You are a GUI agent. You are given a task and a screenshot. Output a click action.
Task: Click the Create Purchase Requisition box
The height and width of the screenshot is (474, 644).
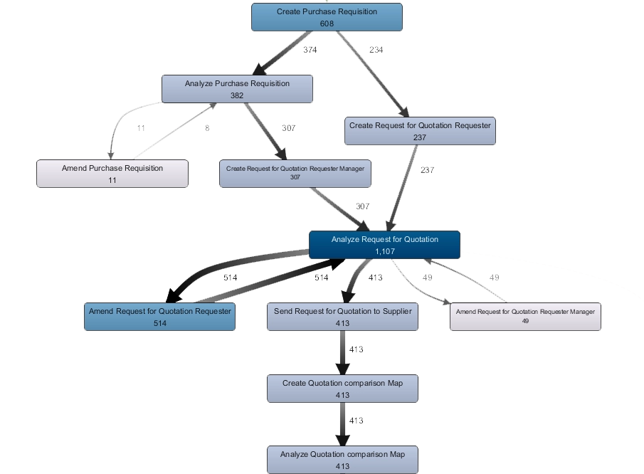[x=327, y=17]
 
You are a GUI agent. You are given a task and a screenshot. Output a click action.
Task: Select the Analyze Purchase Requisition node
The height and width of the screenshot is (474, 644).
[x=237, y=88]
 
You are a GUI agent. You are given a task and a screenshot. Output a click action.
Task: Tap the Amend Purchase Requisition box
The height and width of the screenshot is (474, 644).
[x=112, y=173]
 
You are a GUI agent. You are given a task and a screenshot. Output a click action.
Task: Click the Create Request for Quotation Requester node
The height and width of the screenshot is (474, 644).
[x=420, y=130]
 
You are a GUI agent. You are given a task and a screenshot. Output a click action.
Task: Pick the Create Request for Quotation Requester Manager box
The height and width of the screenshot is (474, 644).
[x=295, y=173]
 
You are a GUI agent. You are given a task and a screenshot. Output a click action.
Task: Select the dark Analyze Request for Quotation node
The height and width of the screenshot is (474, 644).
[x=384, y=244]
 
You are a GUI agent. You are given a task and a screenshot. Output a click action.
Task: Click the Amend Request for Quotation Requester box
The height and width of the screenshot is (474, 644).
[x=159, y=316]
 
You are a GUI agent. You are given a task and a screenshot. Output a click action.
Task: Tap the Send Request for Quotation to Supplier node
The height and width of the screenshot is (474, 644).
[x=342, y=316]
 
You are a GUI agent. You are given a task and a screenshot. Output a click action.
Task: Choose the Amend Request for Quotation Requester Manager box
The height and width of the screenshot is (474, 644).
[x=525, y=316]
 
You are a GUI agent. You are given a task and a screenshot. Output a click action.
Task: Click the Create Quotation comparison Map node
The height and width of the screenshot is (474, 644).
[x=342, y=388]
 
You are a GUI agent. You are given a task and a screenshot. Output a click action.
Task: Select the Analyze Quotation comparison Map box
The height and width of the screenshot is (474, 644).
[x=342, y=459]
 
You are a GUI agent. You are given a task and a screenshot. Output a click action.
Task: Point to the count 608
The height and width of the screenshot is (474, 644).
[x=327, y=23]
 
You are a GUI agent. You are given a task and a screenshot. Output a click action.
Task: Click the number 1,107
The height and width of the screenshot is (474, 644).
[x=384, y=252]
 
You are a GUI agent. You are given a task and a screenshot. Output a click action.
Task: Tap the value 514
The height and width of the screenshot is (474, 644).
[x=159, y=323]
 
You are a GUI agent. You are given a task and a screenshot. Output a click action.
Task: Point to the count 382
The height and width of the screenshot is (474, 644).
[x=237, y=95]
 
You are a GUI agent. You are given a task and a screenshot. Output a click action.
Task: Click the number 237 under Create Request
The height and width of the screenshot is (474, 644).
[x=420, y=137]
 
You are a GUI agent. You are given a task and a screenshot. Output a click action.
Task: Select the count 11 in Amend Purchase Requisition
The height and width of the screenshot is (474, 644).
[x=112, y=180]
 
